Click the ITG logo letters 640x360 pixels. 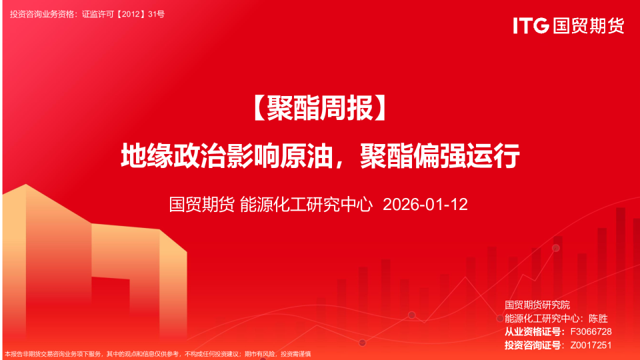(x=531, y=26)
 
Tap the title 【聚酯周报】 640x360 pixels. (x=320, y=109)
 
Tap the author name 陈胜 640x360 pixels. (x=598, y=318)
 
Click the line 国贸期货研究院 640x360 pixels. (x=537, y=305)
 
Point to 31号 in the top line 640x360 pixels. (x=156, y=13)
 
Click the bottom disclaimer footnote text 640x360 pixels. (x=157, y=354)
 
